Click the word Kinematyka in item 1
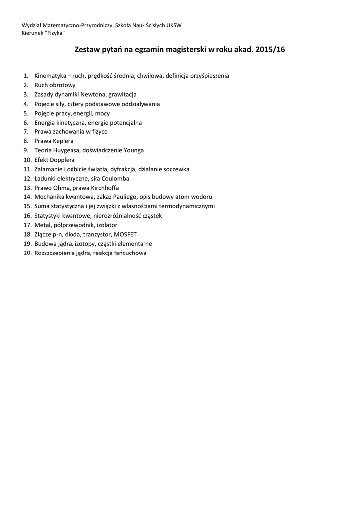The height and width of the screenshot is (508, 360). coord(51,76)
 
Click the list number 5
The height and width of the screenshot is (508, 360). coord(25,113)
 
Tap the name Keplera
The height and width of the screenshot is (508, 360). coord(61,141)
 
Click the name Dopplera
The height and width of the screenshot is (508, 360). coord(63,160)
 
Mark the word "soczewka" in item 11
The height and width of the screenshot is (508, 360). coord(176,169)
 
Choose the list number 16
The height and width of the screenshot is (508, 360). coord(27,215)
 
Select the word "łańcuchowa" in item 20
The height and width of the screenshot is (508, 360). coord(130,253)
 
